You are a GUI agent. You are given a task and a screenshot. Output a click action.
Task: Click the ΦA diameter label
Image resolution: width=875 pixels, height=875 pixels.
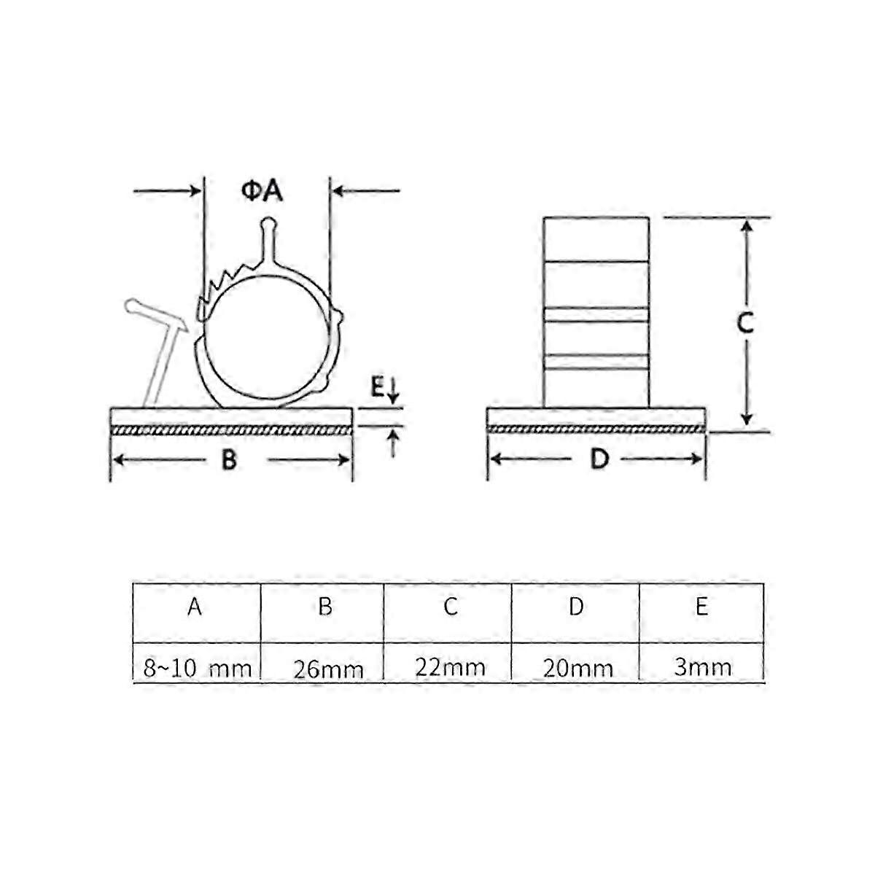coord(262,191)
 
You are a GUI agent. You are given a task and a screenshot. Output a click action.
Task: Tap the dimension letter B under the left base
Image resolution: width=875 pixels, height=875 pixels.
coord(229,459)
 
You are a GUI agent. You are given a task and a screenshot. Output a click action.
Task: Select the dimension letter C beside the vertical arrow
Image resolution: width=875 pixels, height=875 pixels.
coord(745,323)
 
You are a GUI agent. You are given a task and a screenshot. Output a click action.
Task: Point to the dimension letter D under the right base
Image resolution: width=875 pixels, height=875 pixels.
coord(599,459)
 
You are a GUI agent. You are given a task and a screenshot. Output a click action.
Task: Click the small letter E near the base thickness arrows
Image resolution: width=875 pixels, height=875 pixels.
coord(377,387)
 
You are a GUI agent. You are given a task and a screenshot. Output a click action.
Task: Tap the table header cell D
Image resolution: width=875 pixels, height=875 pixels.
coord(576,607)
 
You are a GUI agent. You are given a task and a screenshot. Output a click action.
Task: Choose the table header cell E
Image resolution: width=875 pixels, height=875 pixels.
coord(701,607)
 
